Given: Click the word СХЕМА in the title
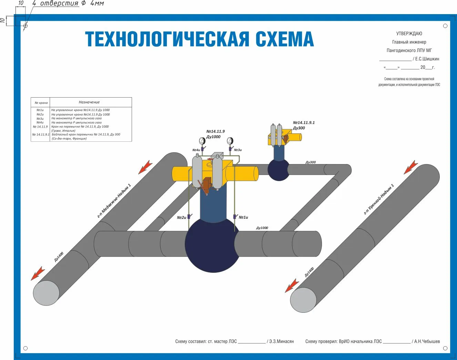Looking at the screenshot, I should [285, 39].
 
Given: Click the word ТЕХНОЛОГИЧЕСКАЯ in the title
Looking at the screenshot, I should [167, 39].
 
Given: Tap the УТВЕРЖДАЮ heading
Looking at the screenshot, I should [409, 33].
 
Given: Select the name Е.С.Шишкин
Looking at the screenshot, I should [427, 59].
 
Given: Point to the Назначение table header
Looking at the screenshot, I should [89, 102].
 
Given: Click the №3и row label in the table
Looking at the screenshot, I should [40, 118].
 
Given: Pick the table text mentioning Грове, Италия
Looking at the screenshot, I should [63, 131].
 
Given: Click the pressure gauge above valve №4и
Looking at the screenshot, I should [202, 141].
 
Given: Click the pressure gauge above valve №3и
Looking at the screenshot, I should [230, 141].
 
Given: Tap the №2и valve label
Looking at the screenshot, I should [181, 218].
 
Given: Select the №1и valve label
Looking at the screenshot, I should [243, 217].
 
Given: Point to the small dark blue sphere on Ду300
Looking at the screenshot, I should [278, 170].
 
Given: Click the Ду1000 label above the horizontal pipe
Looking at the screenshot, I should [262, 228].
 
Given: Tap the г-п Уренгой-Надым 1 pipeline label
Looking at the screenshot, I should [379, 199].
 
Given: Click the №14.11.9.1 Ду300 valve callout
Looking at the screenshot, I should [303, 125].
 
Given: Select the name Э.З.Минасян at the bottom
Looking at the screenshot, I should [281, 341].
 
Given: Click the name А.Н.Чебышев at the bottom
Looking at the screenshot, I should [427, 341].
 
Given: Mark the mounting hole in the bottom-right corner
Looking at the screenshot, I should [445, 348].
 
